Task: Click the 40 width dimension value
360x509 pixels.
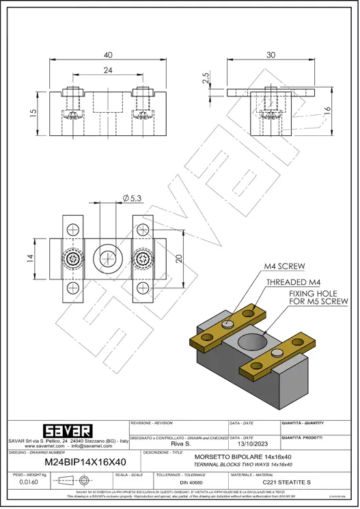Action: pyautogui.click(x=108, y=55)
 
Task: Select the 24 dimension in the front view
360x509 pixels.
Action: pyautogui.click(x=108, y=70)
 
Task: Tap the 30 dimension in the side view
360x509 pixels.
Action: pyautogui.click(x=271, y=55)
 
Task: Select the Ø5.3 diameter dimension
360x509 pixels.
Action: pyautogui.click(x=132, y=197)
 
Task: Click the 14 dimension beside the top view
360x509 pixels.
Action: pyautogui.click(x=31, y=258)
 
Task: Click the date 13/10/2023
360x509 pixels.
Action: pyautogui.click(x=252, y=444)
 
